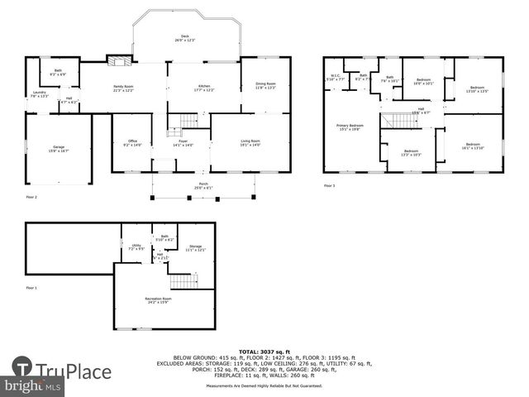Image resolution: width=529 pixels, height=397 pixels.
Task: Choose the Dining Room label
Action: click(x=265, y=84)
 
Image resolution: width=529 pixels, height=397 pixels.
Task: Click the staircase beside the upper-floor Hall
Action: click(x=400, y=121)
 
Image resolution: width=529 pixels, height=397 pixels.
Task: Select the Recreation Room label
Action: click(x=158, y=299)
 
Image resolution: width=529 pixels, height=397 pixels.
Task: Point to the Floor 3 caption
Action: click(x=329, y=186)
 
